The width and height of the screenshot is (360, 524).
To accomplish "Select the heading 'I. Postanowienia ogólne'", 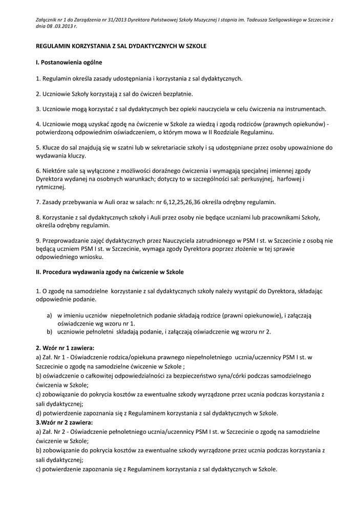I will (x=69, y=62).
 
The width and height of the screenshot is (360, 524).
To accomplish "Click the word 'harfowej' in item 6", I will (x=290, y=179).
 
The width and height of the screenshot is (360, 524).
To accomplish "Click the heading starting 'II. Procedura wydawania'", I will (x=109, y=272).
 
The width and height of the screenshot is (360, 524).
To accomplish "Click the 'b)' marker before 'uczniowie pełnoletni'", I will (x=50, y=332).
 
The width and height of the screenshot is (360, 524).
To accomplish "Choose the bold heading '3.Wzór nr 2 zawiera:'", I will (x=64, y=423).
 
